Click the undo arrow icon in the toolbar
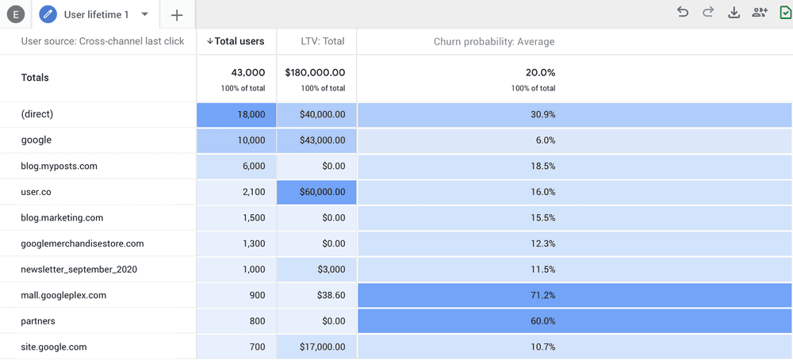(x=683, y=12)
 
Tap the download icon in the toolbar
(x=734, y=12)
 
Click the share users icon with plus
(x=760, y=12)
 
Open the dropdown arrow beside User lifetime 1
(x=144, y=14)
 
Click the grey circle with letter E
(x=15, y=14)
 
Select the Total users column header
(x=236, y=41)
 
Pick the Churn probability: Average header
(x=494, y=41)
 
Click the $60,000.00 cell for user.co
(x=317, y=192)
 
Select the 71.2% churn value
(x=542, y=295)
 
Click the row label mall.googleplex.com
(x=63, y=295)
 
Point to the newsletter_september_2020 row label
(x=79, y=270)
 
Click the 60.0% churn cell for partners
(x=542, y=321)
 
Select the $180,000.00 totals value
(x=315, y=72)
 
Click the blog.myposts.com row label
(x=59, y=167)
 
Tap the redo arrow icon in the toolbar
(x=708, y=12)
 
